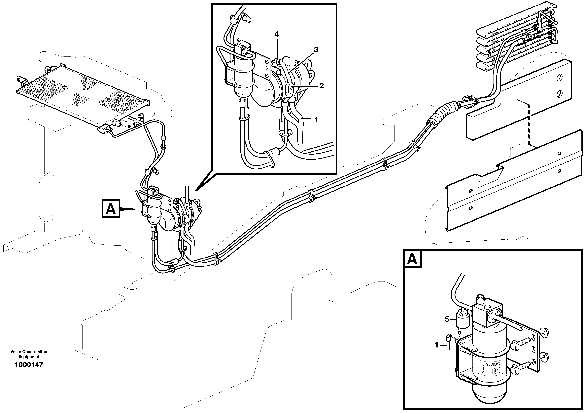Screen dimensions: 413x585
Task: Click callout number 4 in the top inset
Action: tap(276, 34)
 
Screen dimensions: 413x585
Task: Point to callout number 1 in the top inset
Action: tap(316, 120)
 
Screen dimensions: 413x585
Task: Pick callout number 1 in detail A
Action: tap(436, 345)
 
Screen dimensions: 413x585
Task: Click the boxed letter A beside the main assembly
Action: tap(111, 209)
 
